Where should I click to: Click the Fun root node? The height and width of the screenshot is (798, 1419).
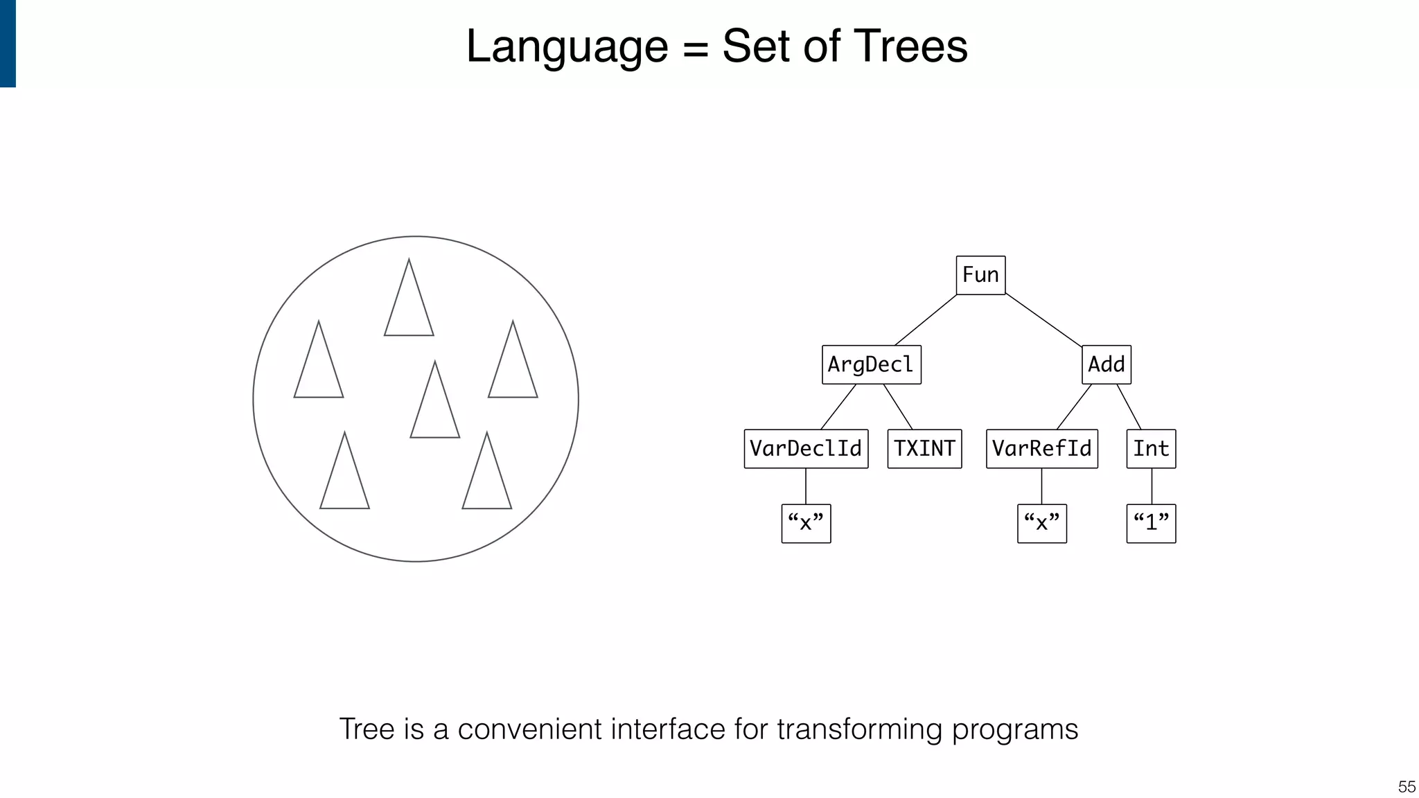(x=980, y=275)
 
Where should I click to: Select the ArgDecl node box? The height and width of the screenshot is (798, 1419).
(x=871, y=364)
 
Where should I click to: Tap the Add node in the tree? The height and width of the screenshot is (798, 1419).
(x=1106, y=364)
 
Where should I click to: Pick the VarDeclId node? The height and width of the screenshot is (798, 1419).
(x=806, y=449)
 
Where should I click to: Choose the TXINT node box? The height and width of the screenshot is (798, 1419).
(x=924, y=449)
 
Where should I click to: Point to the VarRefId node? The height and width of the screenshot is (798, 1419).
(x=1041, y=449)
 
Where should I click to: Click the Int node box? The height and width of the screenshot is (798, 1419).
(x=1151, y=449)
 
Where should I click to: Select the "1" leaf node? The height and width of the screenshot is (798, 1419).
(x=1151, y=523)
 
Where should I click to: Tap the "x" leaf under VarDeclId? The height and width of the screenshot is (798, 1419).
(x=806, y=523)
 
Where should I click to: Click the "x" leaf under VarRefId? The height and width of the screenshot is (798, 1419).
(x=1041, y=523)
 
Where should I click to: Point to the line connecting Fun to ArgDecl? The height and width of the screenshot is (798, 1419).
(x=926, y=320)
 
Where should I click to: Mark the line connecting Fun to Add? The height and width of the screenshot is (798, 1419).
(x=1043, y=320)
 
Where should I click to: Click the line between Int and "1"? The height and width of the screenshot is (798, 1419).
(x=1152, y=486)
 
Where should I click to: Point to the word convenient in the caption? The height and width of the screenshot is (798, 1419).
(x=529, y=729)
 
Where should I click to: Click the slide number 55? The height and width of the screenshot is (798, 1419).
(x=1407, y=787)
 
